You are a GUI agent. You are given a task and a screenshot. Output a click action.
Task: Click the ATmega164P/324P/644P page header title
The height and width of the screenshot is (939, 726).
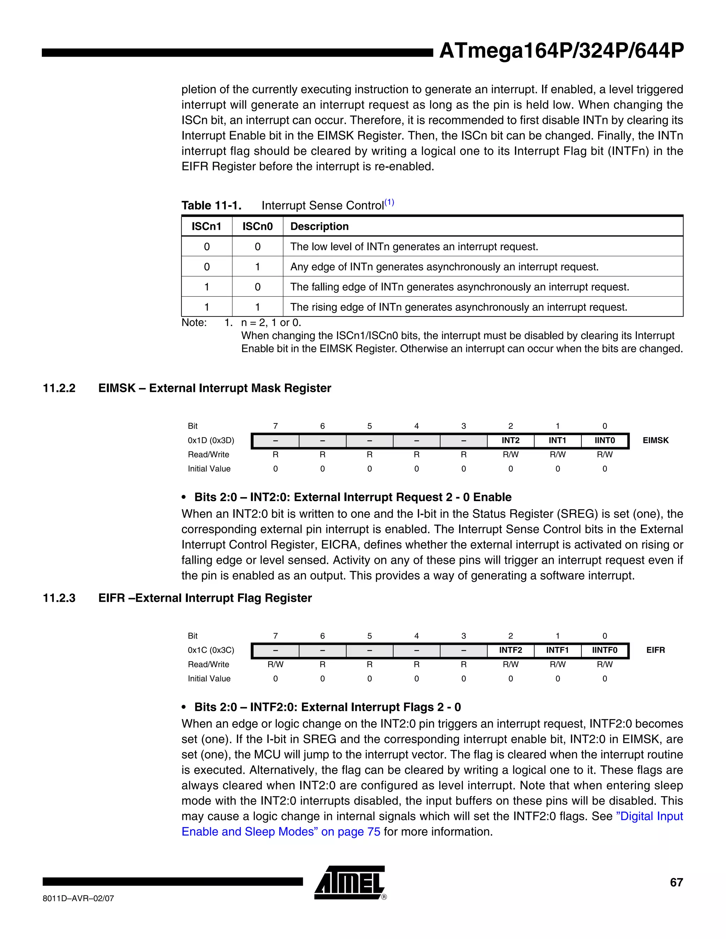pyautogui.click(x=561, y=51)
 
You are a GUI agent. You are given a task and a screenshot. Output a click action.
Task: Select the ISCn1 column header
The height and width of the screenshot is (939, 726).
pyautogui.click(x=206, y=226)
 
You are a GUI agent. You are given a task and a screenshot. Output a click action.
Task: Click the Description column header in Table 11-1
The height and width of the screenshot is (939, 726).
pyautogui.click(x=319, y=226)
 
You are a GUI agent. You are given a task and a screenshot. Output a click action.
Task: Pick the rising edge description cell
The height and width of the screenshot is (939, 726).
pyautogui.click(x=458, y=307)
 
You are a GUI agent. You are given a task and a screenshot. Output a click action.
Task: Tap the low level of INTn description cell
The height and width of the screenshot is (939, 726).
pyautogui.click(x=414, y=246)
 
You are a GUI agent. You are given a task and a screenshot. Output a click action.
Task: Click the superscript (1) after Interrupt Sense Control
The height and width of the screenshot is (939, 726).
pyautogui.click(x=389, y=202)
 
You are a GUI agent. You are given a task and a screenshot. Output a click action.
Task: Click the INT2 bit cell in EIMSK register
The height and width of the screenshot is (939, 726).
pyautogui.click(x=510, y=440)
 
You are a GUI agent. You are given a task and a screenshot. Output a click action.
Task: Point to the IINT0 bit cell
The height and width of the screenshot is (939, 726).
pyautogui.click(x=604, y=440)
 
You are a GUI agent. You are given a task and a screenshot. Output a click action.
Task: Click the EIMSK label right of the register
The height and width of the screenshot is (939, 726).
pyautogui.click(x=655, y=440)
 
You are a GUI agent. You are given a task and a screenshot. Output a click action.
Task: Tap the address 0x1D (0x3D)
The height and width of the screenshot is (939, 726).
pyautogui.click(x=211, y=440)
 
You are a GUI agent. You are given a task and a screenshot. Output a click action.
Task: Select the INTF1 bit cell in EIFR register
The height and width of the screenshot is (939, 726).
pyautogui.click(x=557, y=650)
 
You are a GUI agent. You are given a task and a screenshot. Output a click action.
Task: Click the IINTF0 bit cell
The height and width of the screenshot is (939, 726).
pyautogui.click(x=604, y=650)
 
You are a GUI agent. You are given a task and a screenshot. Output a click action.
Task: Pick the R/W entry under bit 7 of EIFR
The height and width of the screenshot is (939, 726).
pyautogui.click(x=275, y=664)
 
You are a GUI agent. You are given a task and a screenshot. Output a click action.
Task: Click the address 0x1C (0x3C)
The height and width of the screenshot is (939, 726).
pyautogui.click(x=211, y=650)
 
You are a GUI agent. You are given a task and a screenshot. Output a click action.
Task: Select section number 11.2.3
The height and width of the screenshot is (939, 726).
pyautogui.click(x=59, y=598)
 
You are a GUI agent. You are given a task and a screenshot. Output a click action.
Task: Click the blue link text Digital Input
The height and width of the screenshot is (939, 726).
pyautogui.click(x=649, y=816)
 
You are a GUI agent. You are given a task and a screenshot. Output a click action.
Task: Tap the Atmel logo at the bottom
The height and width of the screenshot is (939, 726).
pyautogui.click(x=350, y=882)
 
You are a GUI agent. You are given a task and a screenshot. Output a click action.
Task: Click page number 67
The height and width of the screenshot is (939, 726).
pyautogui.click(x=676, y=882)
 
